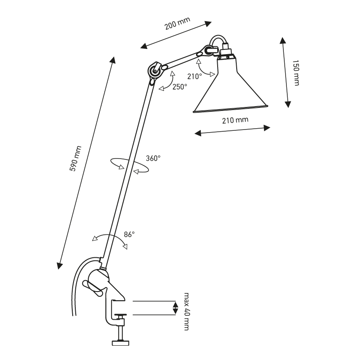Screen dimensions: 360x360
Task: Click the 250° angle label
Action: point(179,87)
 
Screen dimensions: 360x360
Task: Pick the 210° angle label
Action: point(195,76)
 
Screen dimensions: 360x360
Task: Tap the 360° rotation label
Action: point(153,158)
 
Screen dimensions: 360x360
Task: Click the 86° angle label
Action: point(129,234)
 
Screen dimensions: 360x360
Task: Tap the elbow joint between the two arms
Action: point(154,70)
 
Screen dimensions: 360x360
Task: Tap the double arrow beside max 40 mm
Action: point(175,308)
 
